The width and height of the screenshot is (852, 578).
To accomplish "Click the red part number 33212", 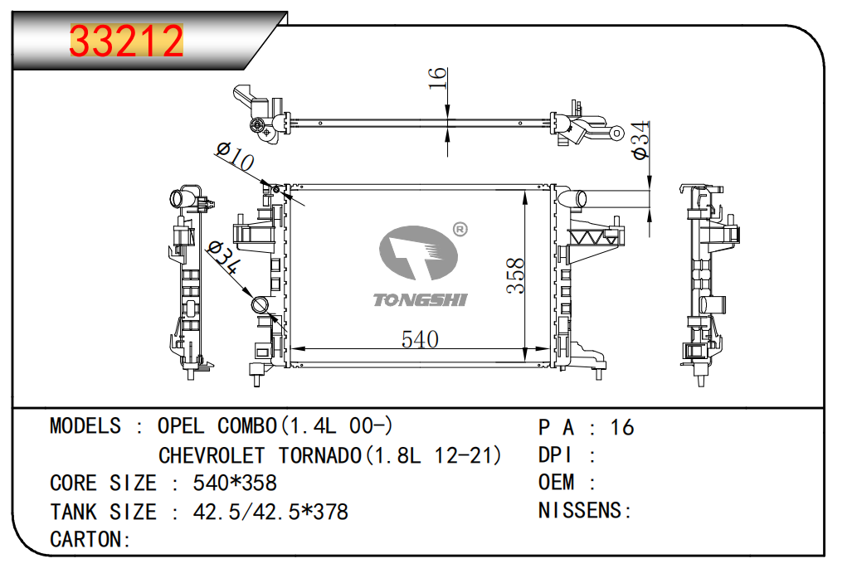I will tap(126, 41).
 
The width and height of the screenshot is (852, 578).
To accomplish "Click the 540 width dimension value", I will tap(420, 339).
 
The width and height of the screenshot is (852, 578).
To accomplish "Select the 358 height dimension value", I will tap(516, 276).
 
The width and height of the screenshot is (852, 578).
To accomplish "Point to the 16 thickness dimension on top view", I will tap(438, 78).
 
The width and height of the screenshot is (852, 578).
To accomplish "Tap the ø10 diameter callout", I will tap(234, 157).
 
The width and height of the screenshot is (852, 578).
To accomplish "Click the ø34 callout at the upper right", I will tap(639, 140).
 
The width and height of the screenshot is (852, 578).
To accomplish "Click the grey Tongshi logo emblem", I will tap(418, 254).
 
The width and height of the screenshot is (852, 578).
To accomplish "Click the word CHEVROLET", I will tap(212, 455).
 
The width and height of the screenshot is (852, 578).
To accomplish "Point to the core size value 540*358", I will tap(235, 483).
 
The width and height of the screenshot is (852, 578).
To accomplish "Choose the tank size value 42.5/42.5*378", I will tap(270, 512).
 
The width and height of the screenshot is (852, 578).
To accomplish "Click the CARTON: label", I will tap(90, 540).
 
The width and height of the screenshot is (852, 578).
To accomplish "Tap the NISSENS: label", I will tap(585, 511).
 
